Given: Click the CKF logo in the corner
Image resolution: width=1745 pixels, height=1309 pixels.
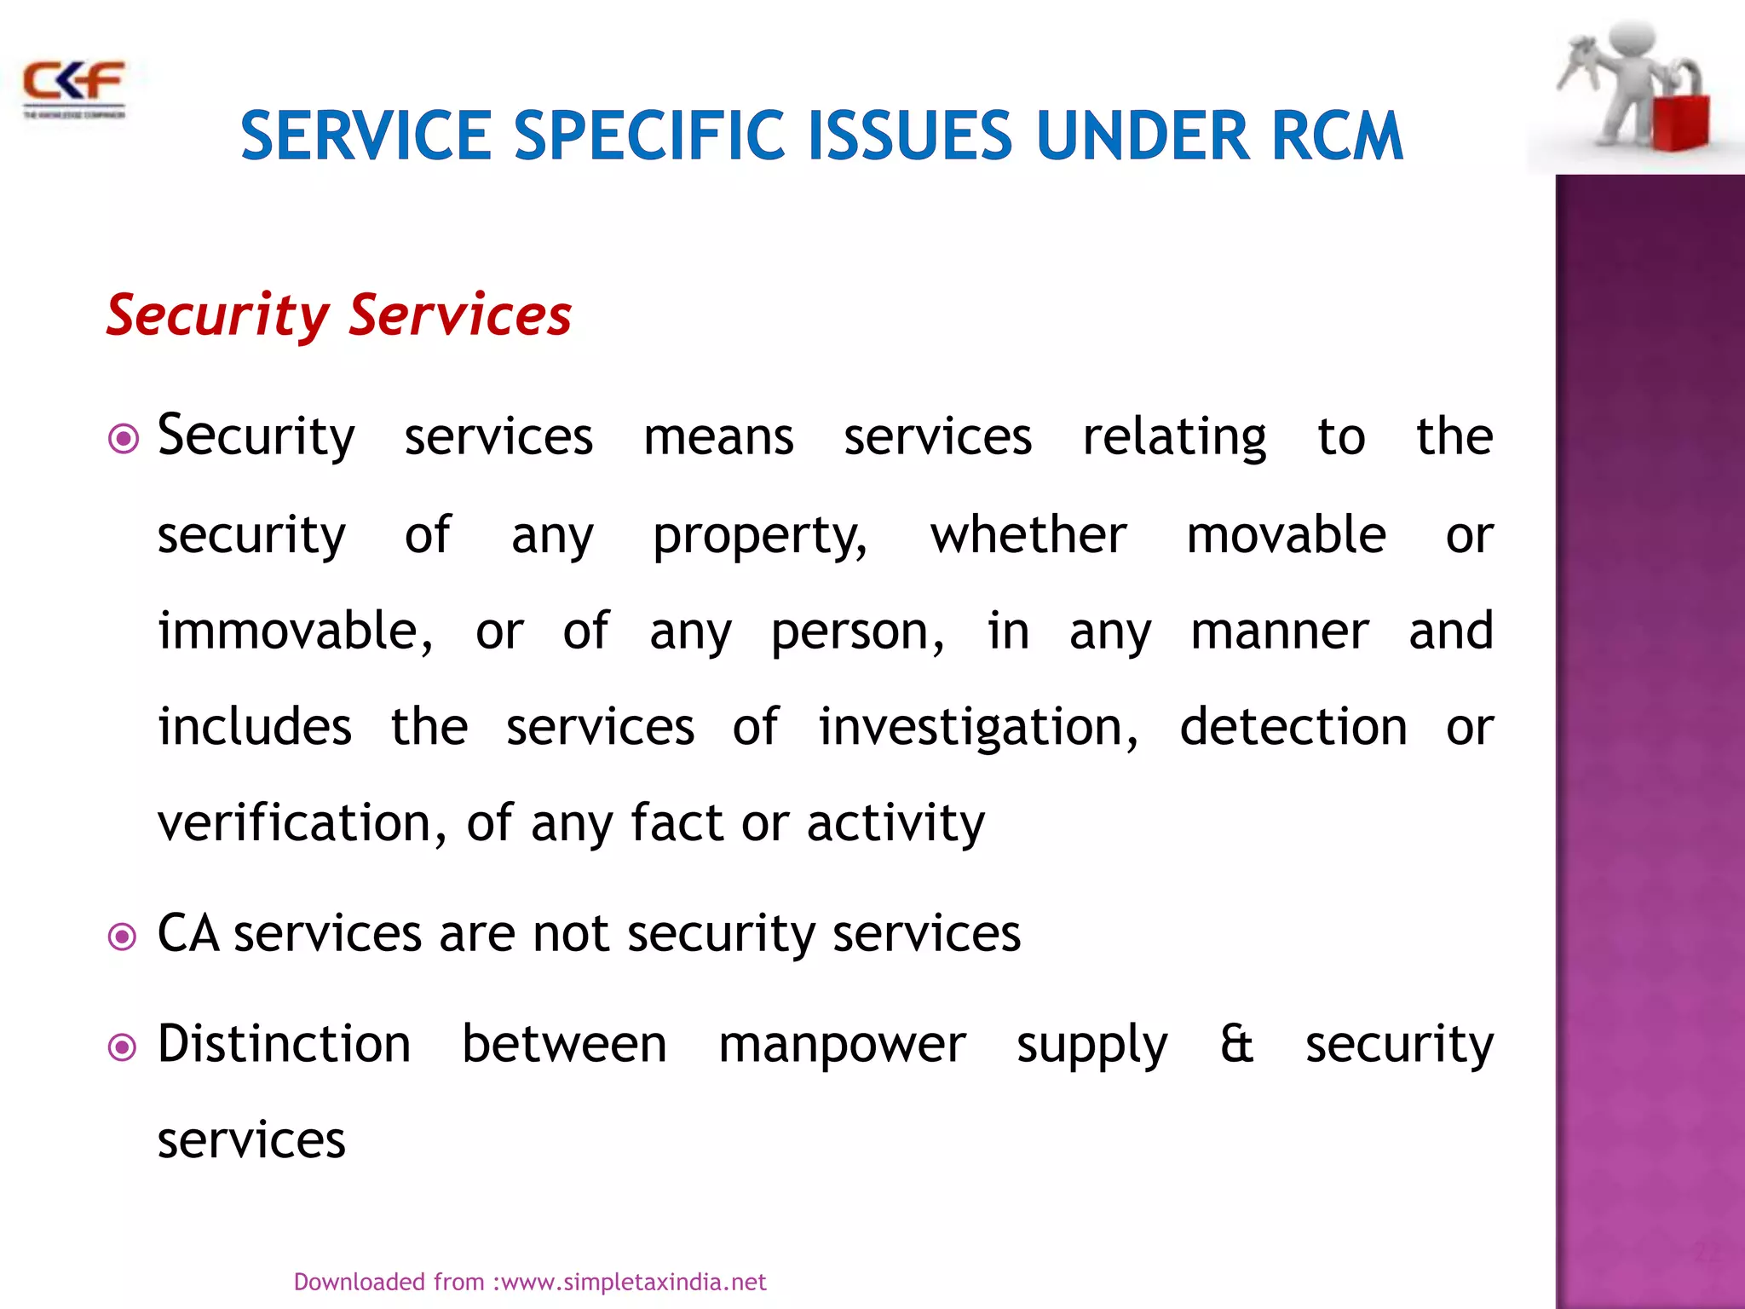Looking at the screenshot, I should coord(74,88).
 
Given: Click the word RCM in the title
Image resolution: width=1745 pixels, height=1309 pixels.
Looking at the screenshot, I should coord(1336,136).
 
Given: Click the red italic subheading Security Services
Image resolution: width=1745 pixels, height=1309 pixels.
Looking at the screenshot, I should coord(339,315).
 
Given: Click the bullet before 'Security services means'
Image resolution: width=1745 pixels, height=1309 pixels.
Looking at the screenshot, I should coord(124,439).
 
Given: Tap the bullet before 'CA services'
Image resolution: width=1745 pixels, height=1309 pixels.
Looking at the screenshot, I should coord(124,937).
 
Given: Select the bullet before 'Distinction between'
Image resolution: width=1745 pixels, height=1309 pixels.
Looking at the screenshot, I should coord(124,1047).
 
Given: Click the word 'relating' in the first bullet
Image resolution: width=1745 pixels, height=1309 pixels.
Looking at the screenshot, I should coord(1174,438).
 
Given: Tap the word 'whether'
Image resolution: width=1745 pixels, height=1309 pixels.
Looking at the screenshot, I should coord(1028,535).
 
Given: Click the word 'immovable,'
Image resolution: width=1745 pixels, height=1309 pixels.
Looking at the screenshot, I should coord(295,631).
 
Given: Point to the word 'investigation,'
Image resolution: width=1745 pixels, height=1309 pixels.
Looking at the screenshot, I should coord(978,729).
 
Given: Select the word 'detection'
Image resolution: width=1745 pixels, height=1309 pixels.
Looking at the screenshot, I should coord(1293,727).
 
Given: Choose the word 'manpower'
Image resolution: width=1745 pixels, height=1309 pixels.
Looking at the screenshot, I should coord(842,1046).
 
